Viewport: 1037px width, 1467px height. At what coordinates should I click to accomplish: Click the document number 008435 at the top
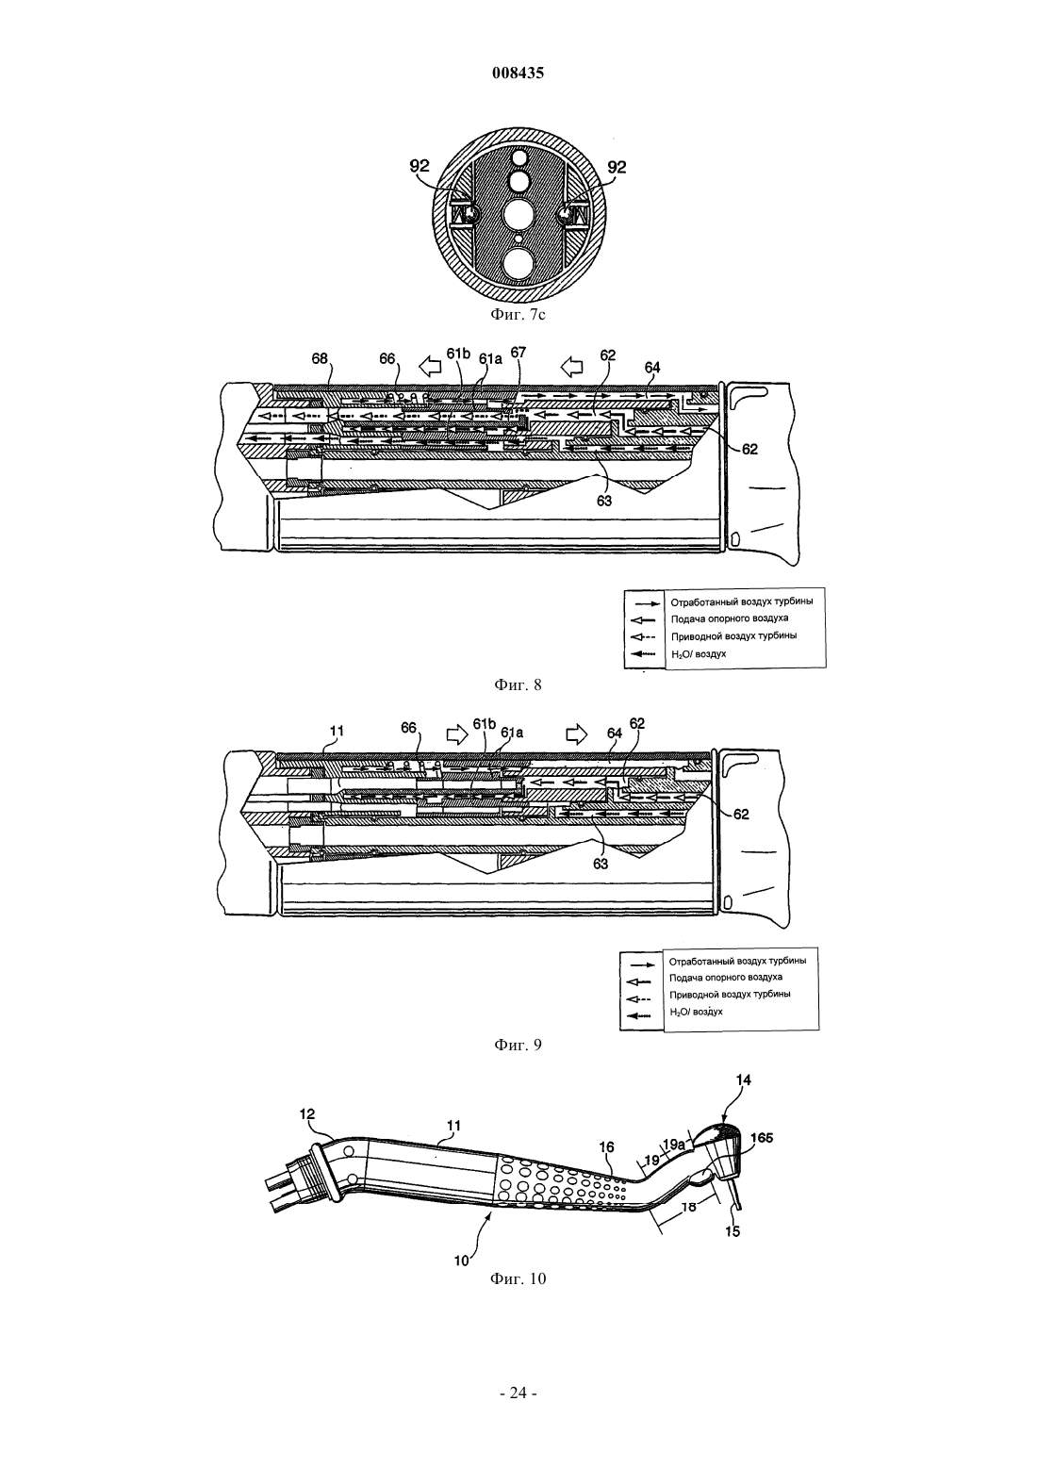pos(518,73)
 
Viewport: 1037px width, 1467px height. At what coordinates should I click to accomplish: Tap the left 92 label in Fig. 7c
pos(420,166)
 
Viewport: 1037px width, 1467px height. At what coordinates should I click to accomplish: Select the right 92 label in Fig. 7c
pos(617,167)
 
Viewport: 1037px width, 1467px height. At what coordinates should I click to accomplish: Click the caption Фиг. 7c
pos(518,315)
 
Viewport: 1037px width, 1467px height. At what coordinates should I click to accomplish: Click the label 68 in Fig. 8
pos(320,359)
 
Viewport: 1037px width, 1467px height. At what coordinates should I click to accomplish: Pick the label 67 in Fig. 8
pos(518,353)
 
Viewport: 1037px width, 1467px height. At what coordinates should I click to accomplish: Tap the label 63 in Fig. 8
pos(603,501)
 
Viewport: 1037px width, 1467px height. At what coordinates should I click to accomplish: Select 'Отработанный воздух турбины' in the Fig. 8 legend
pos(742,602)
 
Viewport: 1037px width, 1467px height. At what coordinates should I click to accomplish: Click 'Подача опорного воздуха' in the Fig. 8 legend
pos(730,618)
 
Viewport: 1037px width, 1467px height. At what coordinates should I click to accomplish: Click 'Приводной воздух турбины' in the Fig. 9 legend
pos(730,994)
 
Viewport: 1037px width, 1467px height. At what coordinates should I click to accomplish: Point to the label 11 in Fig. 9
pos(337,731)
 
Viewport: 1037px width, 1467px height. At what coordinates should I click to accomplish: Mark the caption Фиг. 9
pos(518,1045)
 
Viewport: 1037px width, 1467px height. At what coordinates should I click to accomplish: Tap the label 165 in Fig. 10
pos(762,1138)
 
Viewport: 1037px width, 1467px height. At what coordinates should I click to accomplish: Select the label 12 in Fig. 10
pos(307,1113)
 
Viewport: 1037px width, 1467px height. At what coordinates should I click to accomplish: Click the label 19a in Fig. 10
pos(674,1145)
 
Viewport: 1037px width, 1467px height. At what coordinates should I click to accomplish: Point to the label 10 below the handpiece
pos(462,1260)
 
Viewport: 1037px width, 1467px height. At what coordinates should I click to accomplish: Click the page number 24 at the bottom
pos(518,1393)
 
